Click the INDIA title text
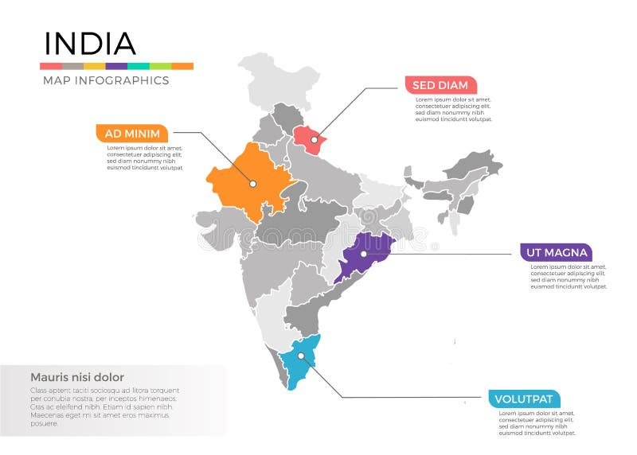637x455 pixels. (89, 43)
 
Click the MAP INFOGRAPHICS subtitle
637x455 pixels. (105, 80)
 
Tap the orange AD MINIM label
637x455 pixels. (132, 133)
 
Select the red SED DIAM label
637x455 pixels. (440, 85)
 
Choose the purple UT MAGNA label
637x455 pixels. (556, 253)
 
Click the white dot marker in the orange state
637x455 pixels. (252, 183)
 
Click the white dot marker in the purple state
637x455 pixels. (363, 255)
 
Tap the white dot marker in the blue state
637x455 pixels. (303, 356)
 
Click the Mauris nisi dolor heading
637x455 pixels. (77, 377)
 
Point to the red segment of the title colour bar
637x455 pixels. (51, 66)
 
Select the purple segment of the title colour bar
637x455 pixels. (116, 66)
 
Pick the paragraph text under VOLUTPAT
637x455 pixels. (536, 423)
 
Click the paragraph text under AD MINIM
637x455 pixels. (144, 157)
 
